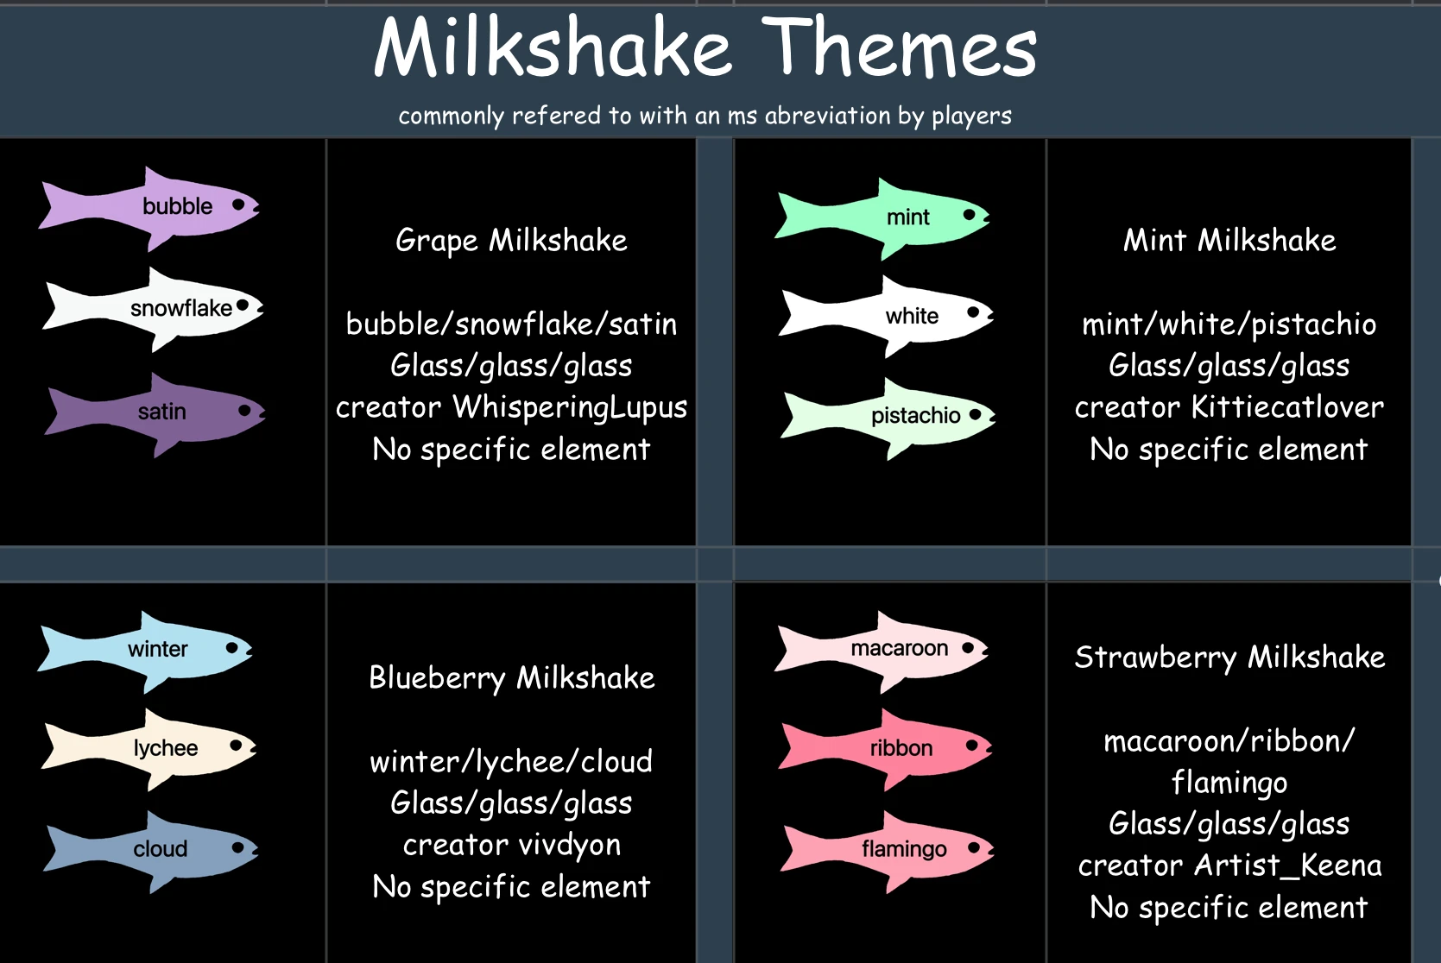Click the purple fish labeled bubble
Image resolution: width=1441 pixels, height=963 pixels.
164,207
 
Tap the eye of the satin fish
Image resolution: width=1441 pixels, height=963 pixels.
245,410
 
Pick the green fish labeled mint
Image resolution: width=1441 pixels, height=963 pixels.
898,217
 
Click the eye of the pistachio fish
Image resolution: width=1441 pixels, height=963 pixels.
976,414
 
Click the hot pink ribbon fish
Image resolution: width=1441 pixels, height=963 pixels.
898,748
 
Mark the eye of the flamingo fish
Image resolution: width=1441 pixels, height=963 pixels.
974,847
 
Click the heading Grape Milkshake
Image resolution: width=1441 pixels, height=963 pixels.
511,241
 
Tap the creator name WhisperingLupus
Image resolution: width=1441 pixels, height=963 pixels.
570,407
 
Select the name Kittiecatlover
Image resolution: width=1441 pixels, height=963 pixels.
1286,407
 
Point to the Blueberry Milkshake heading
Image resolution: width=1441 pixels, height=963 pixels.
511,678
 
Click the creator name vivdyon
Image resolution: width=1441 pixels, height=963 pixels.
570,845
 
